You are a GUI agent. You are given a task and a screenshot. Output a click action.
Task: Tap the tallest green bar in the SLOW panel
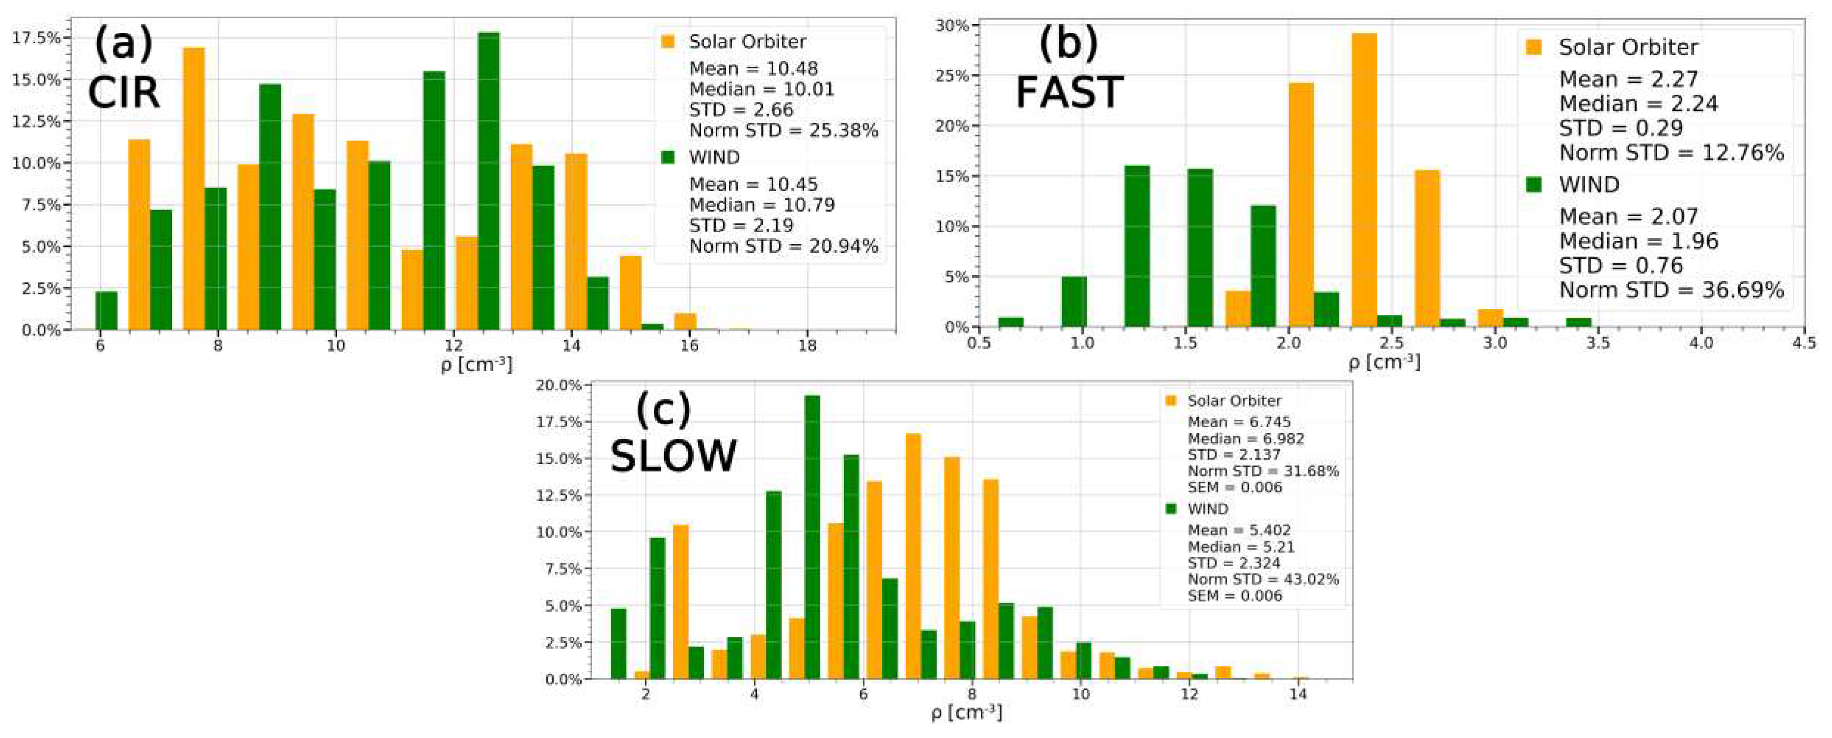click(x=811, y=537)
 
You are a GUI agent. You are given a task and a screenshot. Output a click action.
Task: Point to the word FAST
click(x=1068, y=92)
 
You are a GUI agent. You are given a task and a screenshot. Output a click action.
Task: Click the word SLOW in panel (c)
click(x=673, y=456)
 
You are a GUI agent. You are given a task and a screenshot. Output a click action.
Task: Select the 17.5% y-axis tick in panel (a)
click(x=36, y=38)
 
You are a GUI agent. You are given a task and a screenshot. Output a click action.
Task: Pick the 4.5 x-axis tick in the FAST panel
click(x=1804, y=343)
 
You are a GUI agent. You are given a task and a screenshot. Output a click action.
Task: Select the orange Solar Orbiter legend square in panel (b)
click(x=1534, y=47)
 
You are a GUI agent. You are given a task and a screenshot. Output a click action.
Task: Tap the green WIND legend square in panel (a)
click(x=667, y=157)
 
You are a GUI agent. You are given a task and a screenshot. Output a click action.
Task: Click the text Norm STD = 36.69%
click(x=1671, y=290)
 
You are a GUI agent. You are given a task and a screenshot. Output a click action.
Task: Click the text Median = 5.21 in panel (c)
click(x=1240, y=547)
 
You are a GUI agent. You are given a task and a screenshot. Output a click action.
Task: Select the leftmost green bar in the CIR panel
click(x=106, y=311)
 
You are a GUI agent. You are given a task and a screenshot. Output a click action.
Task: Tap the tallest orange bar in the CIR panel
click(x=193, y=189)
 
